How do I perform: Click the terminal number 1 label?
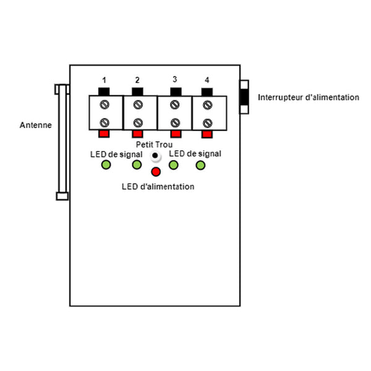coord(104,80)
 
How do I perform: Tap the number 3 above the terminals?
coord(175,79)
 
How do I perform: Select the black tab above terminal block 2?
coord(137,92)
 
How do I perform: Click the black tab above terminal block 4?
coord(207,92)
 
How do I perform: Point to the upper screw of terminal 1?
coord(104,104)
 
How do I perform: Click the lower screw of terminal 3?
coord(175,122)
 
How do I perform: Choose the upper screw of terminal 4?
coord(208,105)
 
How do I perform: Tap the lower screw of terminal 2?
coord(138,123)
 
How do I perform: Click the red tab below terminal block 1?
coord(104,134)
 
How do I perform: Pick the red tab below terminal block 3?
coord(176,134)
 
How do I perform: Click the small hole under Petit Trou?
coord(155,156)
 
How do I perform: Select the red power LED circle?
coord(156,172)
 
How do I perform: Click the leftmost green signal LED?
coord(106,164)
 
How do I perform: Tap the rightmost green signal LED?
coord(200,165)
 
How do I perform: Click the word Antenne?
coord(36,125)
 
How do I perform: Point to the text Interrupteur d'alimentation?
coord(309,97)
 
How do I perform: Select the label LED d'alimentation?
coord(158,187)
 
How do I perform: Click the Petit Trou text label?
coord(154,144)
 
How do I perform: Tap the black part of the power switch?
coord(244,97)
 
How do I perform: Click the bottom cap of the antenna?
coord(62,196)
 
